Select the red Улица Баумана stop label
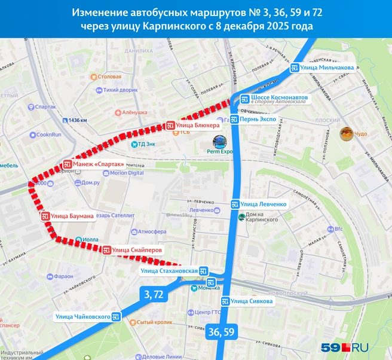[x=68, y=216]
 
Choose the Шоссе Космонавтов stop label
[x=275, y=99]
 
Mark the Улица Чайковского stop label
[x=87, y=316]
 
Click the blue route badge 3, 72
[x=154, y=294]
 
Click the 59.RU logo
[x=345, y=346]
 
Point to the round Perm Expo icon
[x=220, y=142]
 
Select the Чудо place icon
[x=345, y=134]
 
